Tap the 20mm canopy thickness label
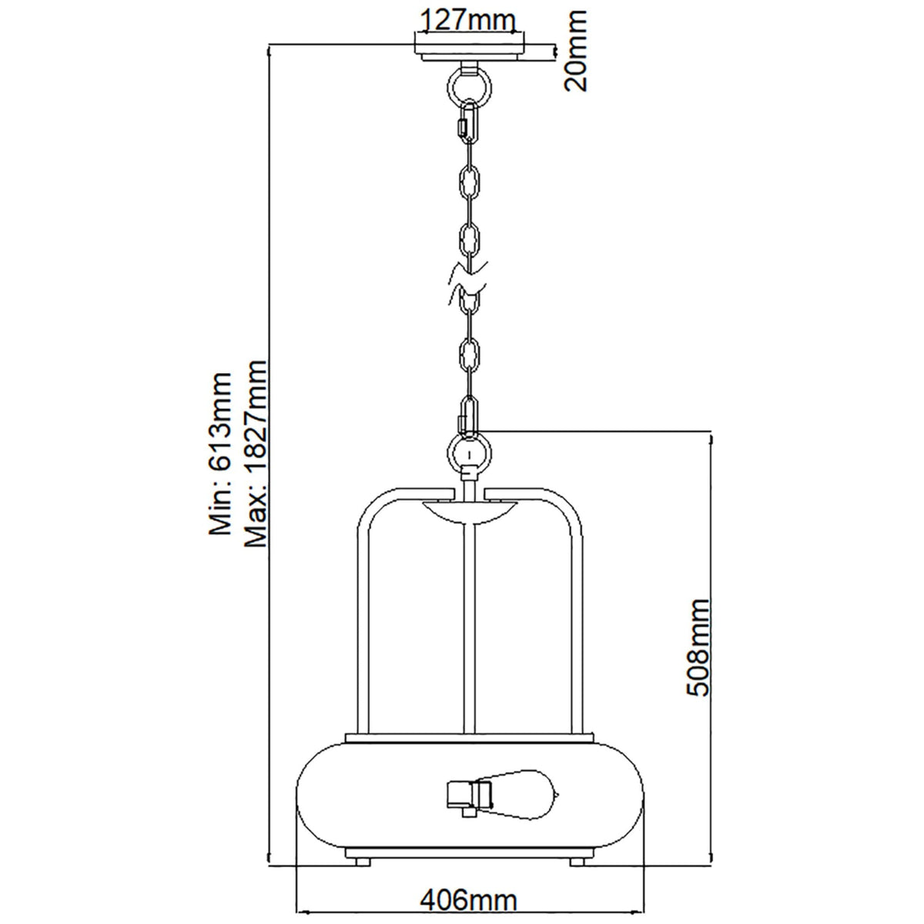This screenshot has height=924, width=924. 574,50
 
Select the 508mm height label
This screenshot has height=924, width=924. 698,647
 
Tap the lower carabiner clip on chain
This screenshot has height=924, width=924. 468,413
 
